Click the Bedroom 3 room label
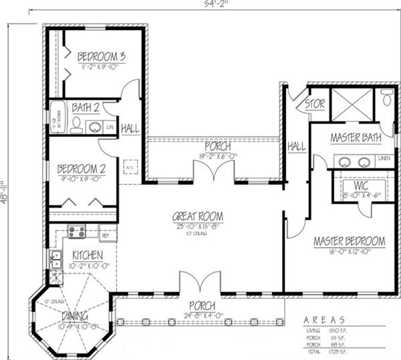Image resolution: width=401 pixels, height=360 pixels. point(101,56)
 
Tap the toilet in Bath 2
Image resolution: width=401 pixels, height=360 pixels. point(76,124)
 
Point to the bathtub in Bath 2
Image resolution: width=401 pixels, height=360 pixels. point(56,119)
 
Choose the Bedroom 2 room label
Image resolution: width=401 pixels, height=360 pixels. point(79,168)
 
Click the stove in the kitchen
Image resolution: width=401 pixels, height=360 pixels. point(76,232)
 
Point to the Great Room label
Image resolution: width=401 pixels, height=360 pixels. point(197,216)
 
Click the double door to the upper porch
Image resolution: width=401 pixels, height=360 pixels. point(214,172)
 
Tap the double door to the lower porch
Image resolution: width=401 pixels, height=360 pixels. point(199,283)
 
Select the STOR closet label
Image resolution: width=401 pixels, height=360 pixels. point(314,104)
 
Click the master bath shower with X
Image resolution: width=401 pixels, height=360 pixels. point(351,104)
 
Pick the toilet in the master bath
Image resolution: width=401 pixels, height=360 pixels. point(387,101)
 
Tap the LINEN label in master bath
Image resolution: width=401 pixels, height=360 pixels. point(384,158)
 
